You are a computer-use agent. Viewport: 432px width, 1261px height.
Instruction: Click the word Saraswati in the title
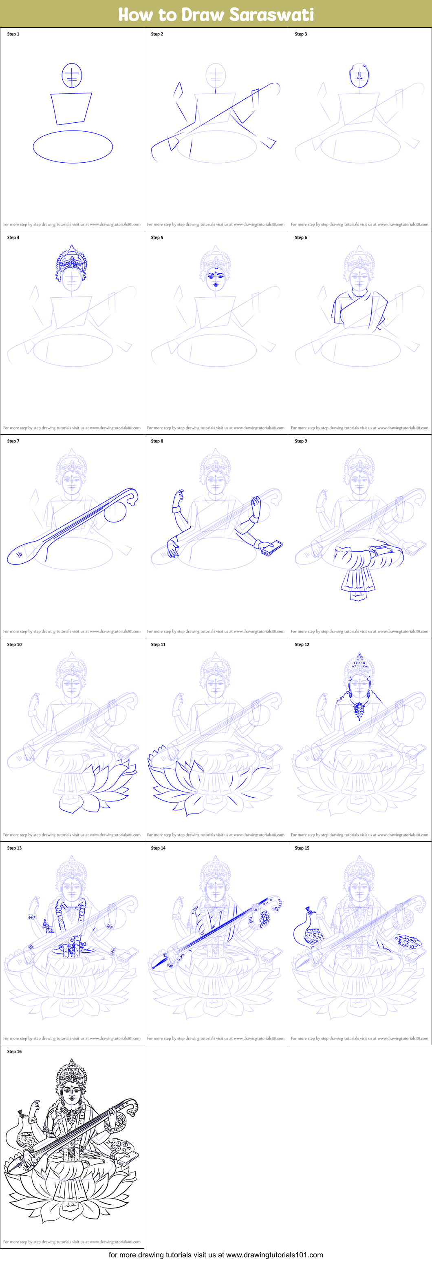(271, 14)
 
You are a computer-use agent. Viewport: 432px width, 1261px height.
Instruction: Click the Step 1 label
(13, 34)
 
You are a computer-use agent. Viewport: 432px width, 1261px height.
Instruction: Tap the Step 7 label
(13, 441)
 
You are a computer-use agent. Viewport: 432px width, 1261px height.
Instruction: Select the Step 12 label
(302, 645)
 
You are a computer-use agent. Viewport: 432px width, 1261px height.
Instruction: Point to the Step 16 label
(14, 1051)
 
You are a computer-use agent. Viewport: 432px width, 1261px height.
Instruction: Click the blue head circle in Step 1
(71, 76)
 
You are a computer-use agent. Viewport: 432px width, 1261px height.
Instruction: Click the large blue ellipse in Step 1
(73, 146)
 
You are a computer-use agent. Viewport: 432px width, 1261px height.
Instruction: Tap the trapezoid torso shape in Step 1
(71, 108)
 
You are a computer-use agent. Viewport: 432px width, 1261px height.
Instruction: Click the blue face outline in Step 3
(359, 76)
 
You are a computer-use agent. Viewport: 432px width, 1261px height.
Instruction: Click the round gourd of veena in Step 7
(115, 511)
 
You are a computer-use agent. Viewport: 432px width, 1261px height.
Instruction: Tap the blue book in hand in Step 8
(271, 547)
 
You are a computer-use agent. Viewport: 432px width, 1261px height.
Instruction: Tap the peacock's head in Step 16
(20, 1112)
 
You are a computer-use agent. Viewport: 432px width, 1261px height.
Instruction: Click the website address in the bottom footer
(274, 1254)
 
